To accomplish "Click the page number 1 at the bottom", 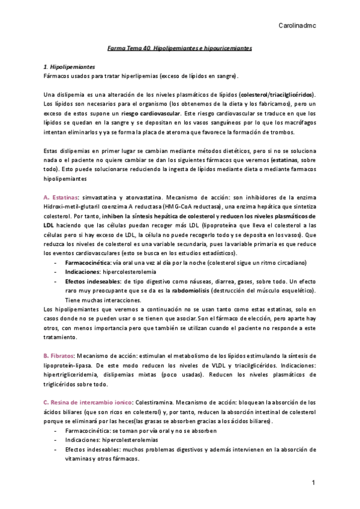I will tap(313, 483).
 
